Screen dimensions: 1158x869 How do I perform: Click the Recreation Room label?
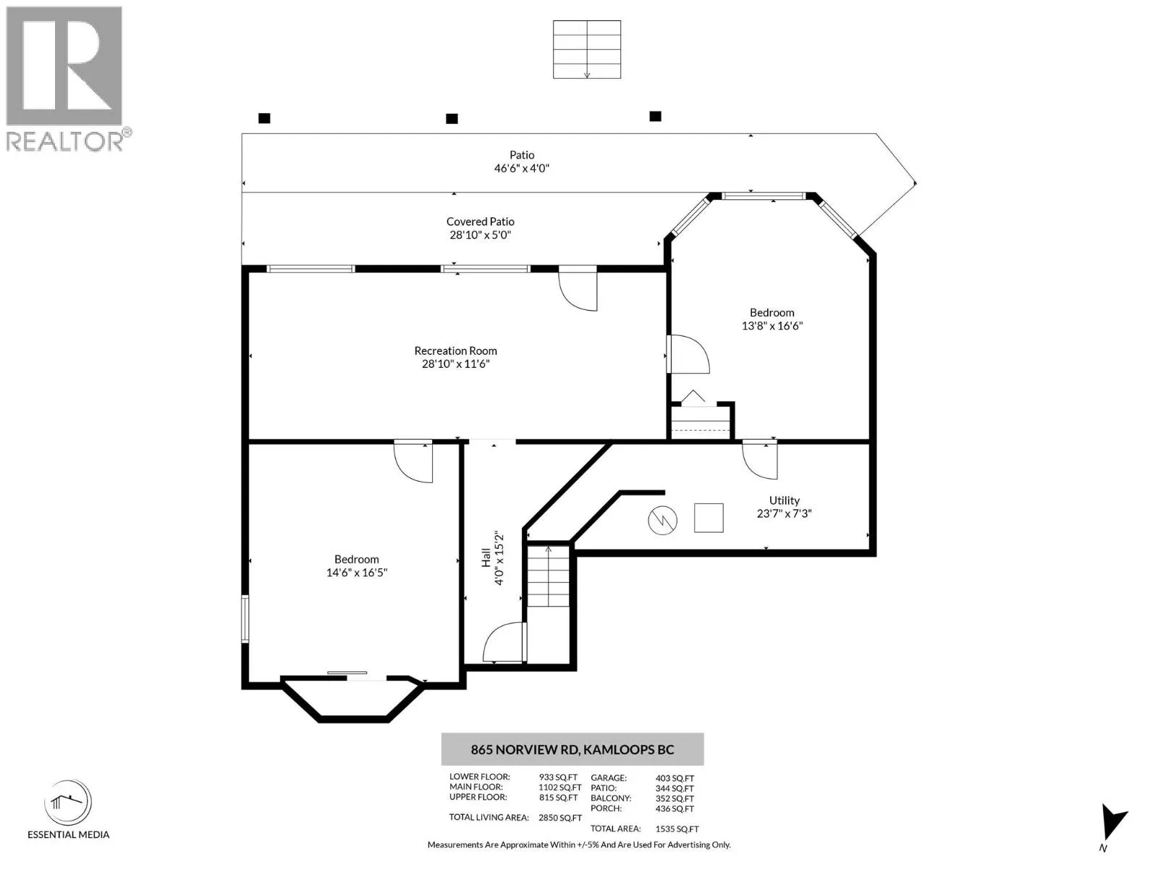tap(455, 351)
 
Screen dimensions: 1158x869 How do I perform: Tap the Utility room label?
tap(784, 500)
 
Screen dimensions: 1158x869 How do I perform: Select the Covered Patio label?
tap(480, 222)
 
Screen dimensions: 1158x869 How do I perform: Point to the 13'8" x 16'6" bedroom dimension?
tap(772, 326)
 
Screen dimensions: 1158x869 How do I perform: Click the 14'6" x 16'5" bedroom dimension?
tap(357, 573)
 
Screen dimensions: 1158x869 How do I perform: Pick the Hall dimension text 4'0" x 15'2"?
tap(499, 559)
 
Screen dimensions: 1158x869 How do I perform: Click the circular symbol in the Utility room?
tap(662, 520)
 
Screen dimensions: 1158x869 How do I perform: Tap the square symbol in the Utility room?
tap(709, 518)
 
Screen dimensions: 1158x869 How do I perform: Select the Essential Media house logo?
tap(68, 802)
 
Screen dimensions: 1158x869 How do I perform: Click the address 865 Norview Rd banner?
tap(572, 750)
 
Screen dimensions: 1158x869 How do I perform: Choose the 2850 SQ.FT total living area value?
tap(559, 818)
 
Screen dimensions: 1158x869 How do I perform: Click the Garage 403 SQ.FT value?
tap(675, 778)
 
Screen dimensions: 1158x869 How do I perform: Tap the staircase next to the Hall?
tap(549, 576)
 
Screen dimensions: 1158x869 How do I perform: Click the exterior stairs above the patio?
tap(587, 49)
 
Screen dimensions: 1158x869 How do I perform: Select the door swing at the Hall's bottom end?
tap(504, 642)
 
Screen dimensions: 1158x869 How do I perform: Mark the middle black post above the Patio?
tap(452, 119)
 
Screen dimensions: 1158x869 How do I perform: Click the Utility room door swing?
tap(760, 460)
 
